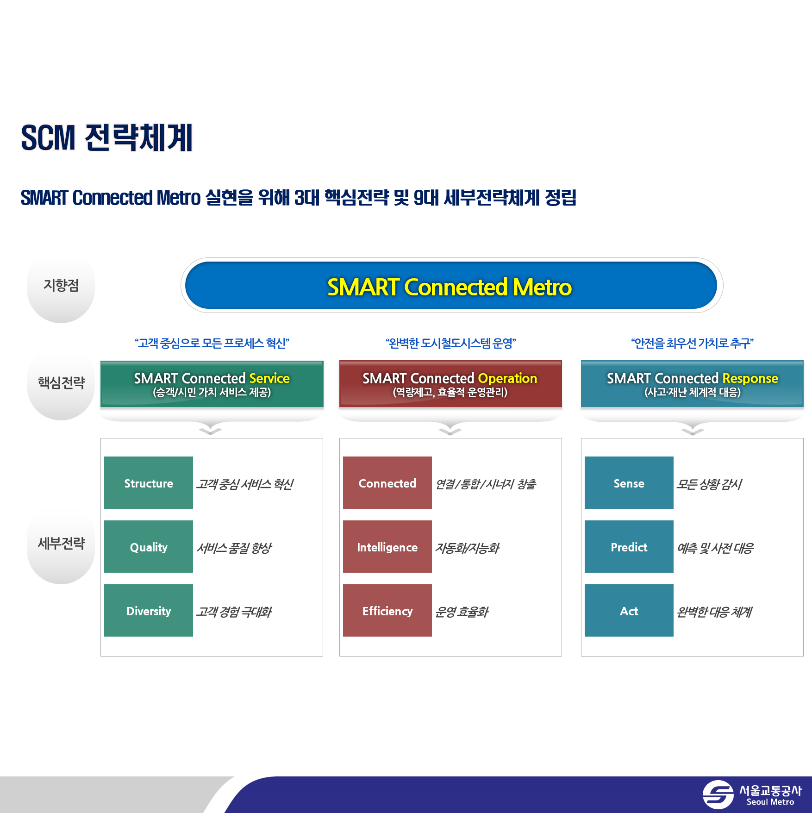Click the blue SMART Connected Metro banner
point(451,285)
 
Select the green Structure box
point(149,483)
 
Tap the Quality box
point(149,547)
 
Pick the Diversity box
point(149,611)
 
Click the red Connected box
point(387,483)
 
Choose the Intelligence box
point(387,547)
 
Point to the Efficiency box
point(387,611)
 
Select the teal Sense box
point(629,483)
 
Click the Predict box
point(629,547)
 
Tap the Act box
point(629,611)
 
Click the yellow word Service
point(269,378)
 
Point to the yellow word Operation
point(507,379)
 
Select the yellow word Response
point(750,379)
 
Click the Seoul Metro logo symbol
point(718,794)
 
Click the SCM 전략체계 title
point(107,138)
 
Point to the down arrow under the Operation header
point(450,432)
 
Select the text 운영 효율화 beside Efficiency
point(462,612)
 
